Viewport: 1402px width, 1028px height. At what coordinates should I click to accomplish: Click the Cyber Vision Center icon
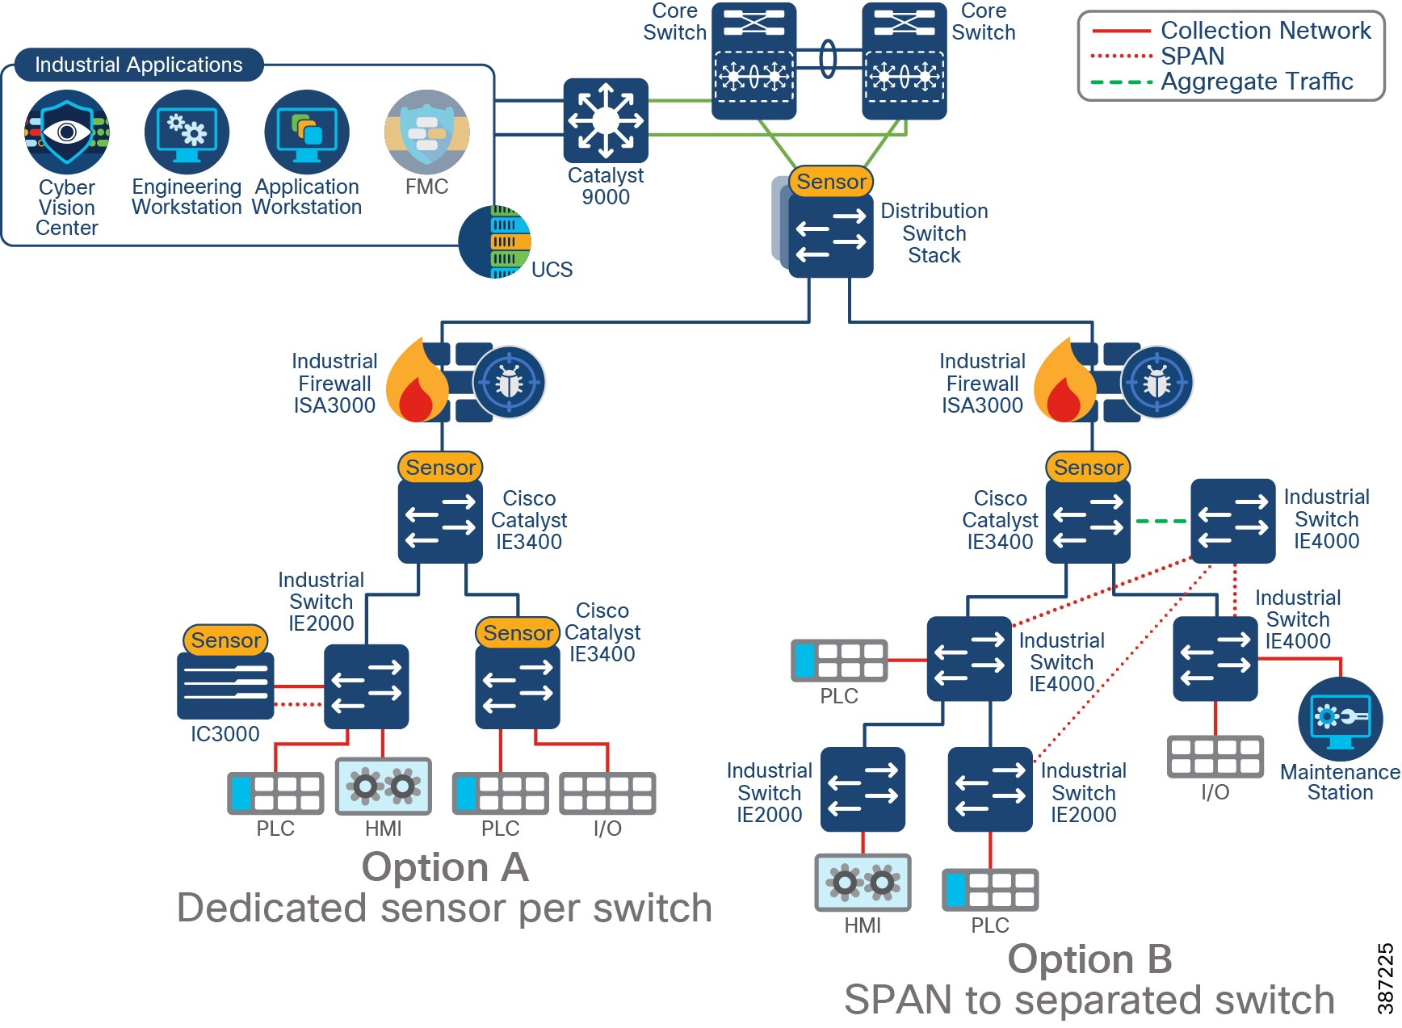[x=67, y=132]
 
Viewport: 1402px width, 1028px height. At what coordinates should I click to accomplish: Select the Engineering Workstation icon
[x=187, y=132]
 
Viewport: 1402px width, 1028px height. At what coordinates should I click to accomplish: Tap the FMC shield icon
[x=426, y=132]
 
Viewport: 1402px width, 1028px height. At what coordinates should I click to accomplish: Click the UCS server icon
[x=495, y=242]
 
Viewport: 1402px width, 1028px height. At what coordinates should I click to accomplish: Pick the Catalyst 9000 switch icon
[x=606, y=120]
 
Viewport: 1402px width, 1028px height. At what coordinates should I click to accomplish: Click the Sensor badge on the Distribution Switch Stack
[x=831, y=182]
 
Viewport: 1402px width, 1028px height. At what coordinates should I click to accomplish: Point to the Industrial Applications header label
[x=138, y=65]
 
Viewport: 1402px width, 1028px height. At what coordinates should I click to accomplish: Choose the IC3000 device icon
[x=225, y=686]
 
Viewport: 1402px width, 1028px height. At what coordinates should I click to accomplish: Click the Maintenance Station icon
[x=1340, y=718]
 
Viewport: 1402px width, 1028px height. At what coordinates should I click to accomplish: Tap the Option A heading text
[x=445, y=867]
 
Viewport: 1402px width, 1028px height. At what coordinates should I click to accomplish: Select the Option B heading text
[x=1089, y=959]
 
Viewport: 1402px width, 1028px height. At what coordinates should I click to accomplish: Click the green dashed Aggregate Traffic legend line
[x=1121, y=82]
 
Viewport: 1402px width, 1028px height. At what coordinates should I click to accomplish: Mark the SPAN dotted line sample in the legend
[x=1121, y=57]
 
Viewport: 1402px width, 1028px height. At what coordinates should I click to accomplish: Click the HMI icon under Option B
[x=863, y=883]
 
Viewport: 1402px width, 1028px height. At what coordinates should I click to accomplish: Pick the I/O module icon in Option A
[x=607, y=794]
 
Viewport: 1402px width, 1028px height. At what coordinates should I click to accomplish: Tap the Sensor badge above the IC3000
[x=225, y=640]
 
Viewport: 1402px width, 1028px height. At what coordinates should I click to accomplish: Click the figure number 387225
[x=1385, y=979]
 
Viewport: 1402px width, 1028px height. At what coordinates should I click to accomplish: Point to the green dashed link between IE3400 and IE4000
[x=1161, y=522]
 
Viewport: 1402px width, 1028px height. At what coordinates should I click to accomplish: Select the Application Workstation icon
[x=307, y=132]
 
